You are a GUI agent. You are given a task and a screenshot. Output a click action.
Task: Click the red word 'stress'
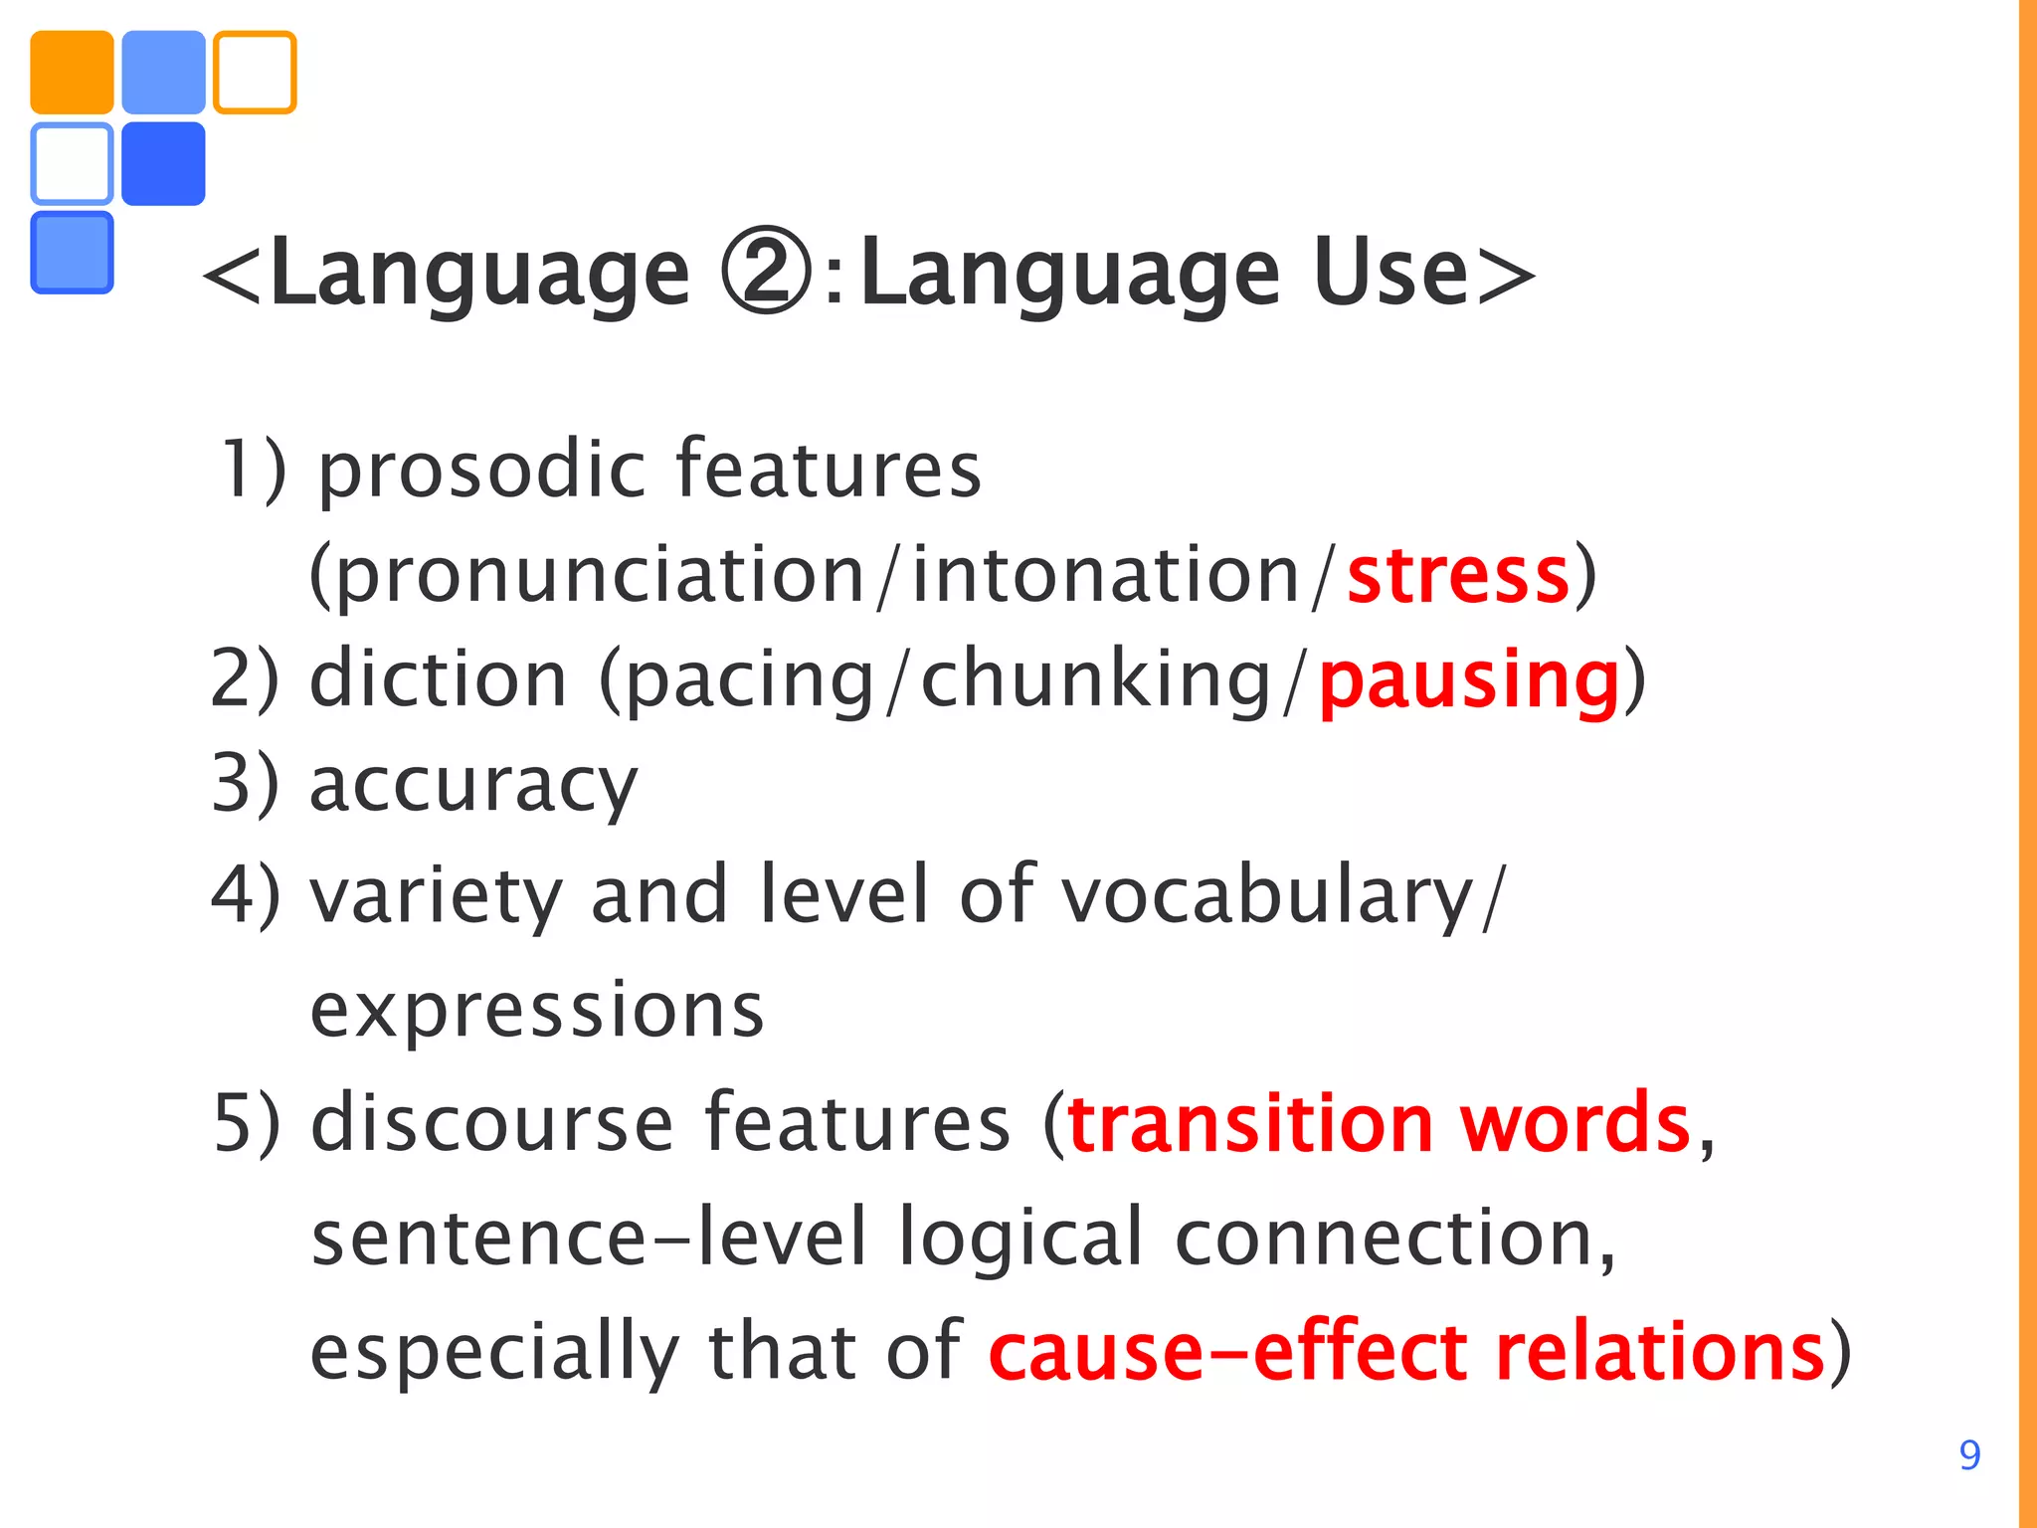[x=1458, y=576]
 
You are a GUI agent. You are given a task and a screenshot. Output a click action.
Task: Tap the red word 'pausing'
[x=1470, y=682]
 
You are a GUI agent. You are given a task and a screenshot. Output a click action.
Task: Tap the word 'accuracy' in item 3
[x=473, y=787]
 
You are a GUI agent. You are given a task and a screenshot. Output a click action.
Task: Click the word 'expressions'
[x=537, y=1011]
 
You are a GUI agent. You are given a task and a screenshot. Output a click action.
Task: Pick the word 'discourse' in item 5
[x=492, y=1124]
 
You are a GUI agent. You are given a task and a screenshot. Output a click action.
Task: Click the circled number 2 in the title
[x=766, y=273]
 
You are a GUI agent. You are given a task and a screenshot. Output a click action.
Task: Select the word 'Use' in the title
[x=1390, y=273]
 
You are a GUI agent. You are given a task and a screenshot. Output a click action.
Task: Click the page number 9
[x=1969, y=1455]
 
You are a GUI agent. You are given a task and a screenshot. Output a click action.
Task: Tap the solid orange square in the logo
[x=72, y=73]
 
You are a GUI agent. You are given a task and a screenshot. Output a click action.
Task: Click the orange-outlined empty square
[x=255, y=73]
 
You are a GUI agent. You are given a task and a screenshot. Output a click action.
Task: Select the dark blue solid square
[x=163, y=164]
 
